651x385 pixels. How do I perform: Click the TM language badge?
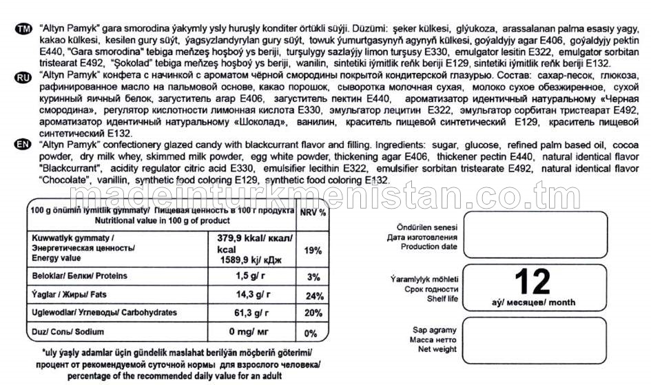click(23, 29)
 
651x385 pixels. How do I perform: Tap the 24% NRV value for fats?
click(313, 297)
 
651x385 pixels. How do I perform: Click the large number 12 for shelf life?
click(532, 281)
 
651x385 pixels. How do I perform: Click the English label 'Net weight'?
click(437, 350)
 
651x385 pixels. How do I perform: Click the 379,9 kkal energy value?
click(249, 238)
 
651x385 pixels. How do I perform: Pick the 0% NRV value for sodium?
click(311, 334)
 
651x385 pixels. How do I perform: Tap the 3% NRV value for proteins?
click(313, 277)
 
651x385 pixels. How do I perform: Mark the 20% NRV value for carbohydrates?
click(313, 313)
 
